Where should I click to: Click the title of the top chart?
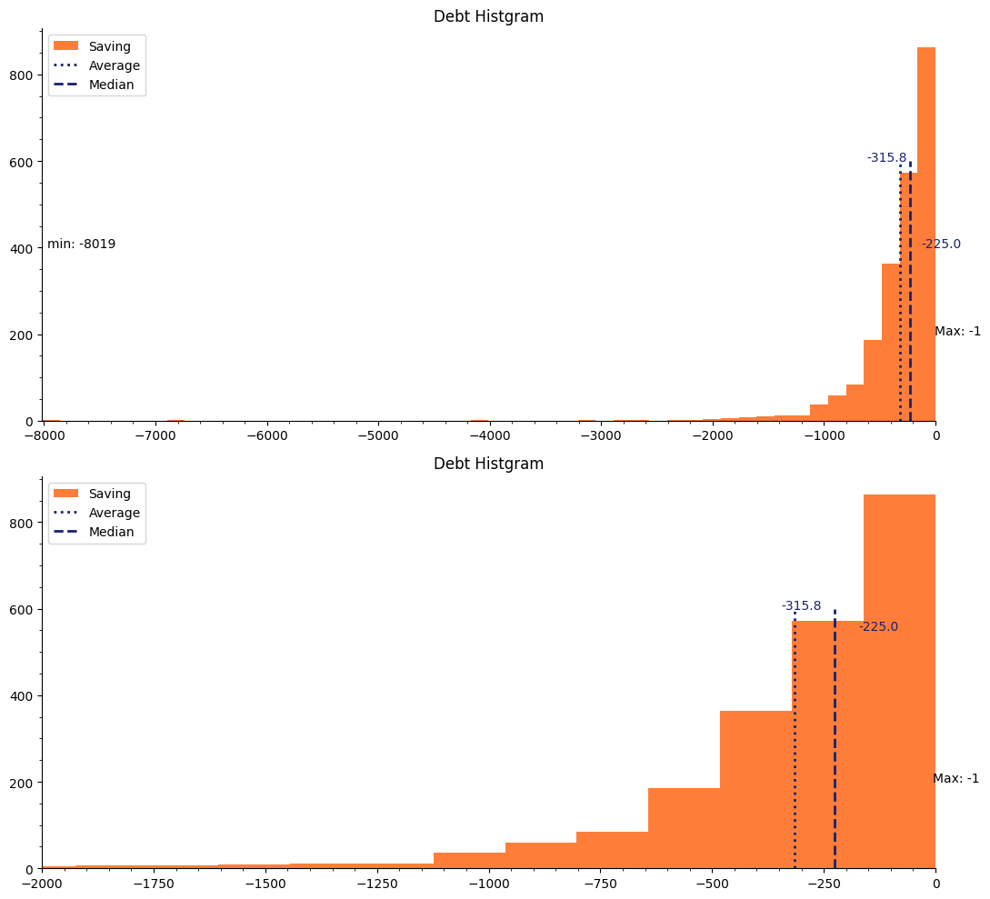[488, 16]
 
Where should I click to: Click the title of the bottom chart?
[488, 464]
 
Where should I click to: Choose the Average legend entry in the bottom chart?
[114, 513]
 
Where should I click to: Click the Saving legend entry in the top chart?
[109, 46]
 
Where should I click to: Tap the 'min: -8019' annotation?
[81, 245]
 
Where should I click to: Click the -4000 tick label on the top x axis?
[489, 435]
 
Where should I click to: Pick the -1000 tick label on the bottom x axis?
[489, 884]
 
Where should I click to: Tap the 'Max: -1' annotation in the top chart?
[957, 332]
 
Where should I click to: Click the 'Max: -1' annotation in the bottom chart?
[955, 779]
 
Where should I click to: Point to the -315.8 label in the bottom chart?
[801, 606]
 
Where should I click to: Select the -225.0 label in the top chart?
[941, 245]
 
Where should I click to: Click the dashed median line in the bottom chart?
[835, 745]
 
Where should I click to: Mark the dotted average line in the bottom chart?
[795, 745]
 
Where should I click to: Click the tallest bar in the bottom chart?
[899, 682]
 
